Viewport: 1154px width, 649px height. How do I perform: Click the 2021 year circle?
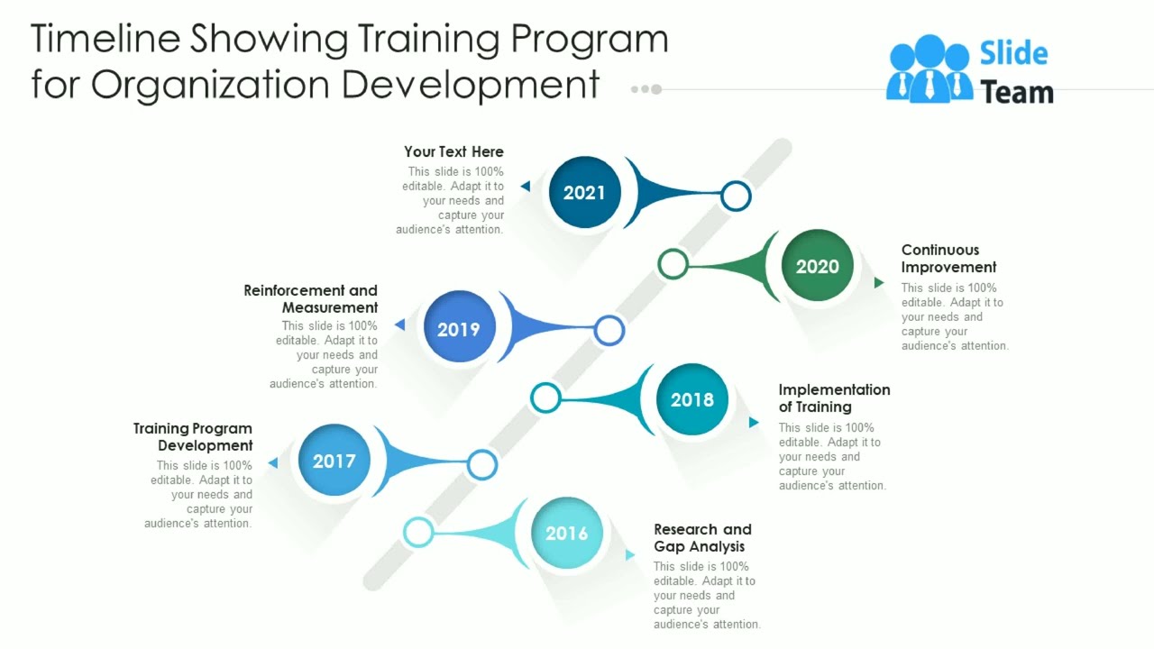point(584,192)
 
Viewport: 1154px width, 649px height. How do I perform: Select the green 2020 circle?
point(817,266)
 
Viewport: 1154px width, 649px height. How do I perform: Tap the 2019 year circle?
point(458,329)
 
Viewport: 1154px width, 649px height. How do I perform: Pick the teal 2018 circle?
point(691,399)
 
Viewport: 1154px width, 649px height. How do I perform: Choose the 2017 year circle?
point(334,461)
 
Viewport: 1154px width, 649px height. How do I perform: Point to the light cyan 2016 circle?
point(566,533)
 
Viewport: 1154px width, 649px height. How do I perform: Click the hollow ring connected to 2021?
point(737,195)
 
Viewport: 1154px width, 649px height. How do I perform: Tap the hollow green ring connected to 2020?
point(673,263)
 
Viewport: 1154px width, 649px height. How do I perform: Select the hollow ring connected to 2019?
point(609,330)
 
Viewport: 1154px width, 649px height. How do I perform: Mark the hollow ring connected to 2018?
point(545,398)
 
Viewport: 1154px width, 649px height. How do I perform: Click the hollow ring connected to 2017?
point(482,464)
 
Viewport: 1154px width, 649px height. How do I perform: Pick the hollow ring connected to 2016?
point(418,532)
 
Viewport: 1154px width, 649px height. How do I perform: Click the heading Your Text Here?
point(453,151)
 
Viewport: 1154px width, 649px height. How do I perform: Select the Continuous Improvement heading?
point(948,259)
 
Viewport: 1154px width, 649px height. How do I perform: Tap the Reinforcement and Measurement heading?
point(311,299)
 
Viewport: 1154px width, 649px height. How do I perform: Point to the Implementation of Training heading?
point(834,398)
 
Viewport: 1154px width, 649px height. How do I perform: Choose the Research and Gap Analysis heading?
point(702,538)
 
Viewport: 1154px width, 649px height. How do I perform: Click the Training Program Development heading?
point(193,437)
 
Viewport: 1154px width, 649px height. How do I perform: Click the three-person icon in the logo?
point(929,69)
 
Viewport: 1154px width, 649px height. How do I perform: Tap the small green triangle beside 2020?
point(879,283)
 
